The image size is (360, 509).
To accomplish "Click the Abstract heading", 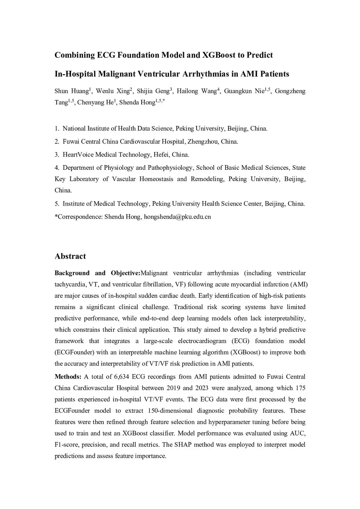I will coord(70,256).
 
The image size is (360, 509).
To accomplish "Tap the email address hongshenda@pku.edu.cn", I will coord(178,217).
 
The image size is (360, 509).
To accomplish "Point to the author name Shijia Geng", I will coord(153,91).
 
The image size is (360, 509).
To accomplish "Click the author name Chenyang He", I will coord(95,103).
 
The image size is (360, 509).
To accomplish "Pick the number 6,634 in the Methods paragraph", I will coord(122,377).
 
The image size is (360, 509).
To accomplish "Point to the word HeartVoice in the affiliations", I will coord(78,155).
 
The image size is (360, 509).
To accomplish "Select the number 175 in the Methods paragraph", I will coord(301,388).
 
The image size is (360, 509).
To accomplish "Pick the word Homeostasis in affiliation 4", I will coord(156,179).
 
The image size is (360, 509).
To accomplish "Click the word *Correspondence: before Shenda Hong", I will coord(78,217).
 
